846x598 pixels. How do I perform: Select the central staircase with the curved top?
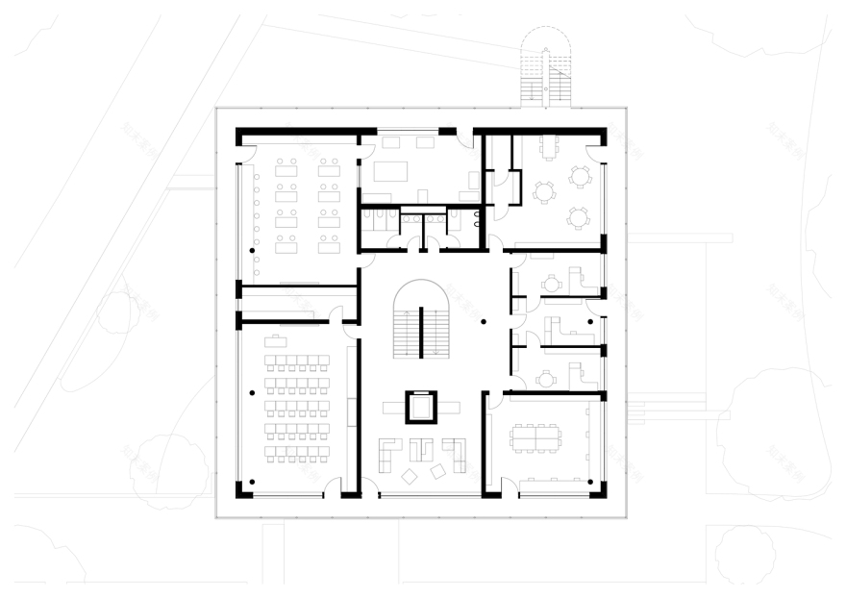(422, 323)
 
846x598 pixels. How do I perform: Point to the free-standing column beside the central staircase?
(484, 321)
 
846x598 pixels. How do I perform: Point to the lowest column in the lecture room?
(252, 481)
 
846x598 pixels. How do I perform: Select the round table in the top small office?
(552, 284)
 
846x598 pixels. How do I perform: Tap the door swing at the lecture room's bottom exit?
(333, 487)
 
